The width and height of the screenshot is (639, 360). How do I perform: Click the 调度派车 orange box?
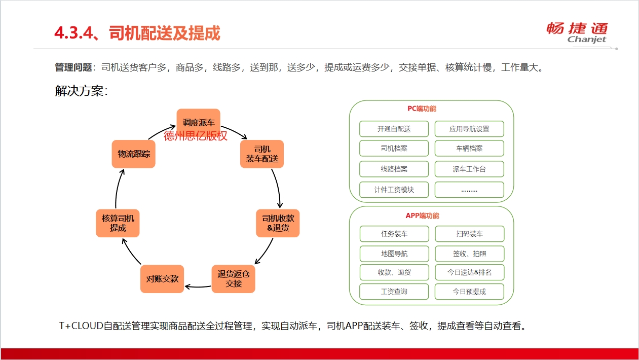(x=198, y=123)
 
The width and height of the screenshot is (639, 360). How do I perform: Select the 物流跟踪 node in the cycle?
(x=133, y=154)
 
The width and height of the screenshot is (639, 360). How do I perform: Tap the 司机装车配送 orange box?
(x=262, y=154)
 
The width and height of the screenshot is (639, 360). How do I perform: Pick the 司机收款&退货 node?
(x=278, y=223)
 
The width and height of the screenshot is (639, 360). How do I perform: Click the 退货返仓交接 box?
(x=233, y=279)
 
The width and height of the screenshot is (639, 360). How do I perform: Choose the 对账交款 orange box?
(x=162, y=279)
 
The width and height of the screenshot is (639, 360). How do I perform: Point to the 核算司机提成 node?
(x=118, y=223)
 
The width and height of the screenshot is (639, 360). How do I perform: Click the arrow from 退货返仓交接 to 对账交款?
(x=198, y=286)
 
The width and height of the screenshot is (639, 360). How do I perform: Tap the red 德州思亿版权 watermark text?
(x=196, y=136)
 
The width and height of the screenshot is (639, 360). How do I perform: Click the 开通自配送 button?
(x=394, y=129)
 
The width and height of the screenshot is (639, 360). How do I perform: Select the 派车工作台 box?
(x=469, y=169)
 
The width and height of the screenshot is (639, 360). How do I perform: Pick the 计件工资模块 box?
(x=394, y=190)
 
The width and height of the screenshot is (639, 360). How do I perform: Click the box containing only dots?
(x=469, y=190)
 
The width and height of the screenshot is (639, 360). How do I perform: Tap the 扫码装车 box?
(x=470, y=234)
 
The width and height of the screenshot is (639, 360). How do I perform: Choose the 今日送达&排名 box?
(x=470, y=272)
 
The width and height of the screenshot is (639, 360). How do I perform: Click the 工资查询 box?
(x=394, y=292)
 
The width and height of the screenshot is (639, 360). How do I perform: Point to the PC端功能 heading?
(x=422, y=109)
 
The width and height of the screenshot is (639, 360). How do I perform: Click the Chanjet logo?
(x=577, y=33)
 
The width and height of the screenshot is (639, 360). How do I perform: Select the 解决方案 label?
(x=81, y=91)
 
